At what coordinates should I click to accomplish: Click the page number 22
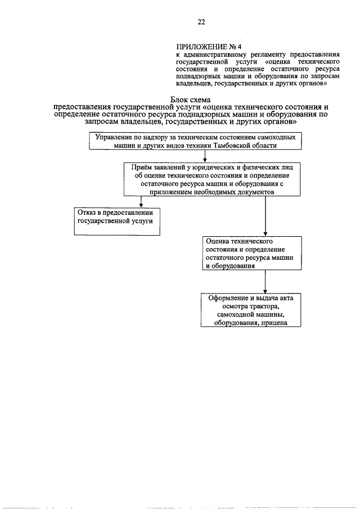(201, 22)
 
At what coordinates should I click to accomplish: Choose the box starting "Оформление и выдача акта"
(251, 310)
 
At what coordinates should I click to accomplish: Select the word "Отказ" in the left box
(88, 213)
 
